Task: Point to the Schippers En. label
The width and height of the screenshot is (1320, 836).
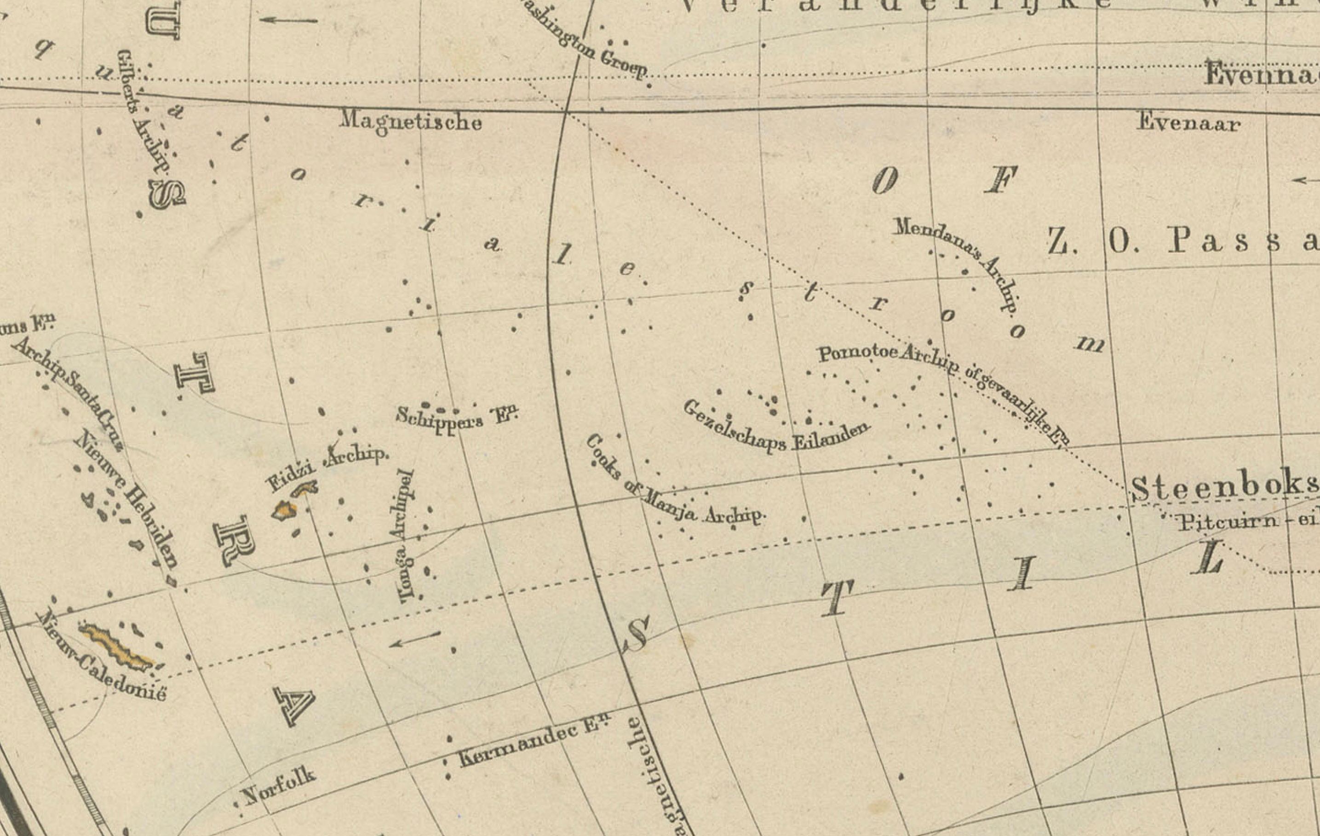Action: [457, 419]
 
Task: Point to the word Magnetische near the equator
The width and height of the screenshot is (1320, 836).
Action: [411, 120]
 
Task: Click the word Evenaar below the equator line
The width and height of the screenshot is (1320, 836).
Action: [1188, 122]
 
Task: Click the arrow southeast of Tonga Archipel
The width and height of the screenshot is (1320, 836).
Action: [415, 639]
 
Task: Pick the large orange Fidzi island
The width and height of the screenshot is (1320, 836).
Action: [285, 510]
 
